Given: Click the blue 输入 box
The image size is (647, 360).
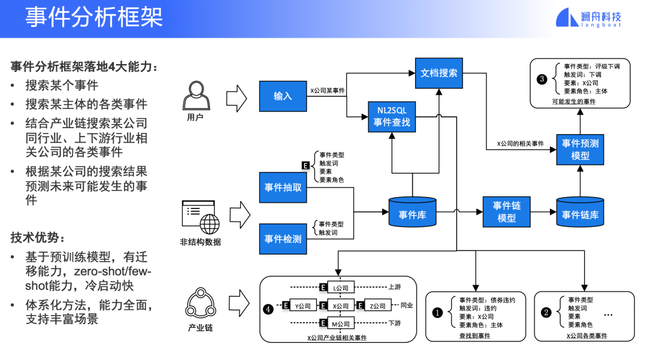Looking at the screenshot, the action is point(283,96).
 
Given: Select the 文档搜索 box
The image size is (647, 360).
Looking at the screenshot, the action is point(439,73).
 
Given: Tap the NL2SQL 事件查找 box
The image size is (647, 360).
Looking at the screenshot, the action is point(392,117).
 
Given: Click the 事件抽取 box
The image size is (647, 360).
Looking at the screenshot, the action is point(283,187).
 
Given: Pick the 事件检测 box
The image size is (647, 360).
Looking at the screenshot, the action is point(283,239).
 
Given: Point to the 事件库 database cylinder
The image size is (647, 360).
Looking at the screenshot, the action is point(412,212).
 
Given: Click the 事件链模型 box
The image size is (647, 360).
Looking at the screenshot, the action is point(506,212).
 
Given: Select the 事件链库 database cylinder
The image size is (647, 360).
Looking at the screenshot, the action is point(580,212).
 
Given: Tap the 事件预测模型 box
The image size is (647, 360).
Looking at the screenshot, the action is point(580,150).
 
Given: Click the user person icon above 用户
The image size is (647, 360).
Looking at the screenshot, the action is point(196,96).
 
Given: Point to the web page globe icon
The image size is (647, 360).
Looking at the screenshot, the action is point(201,217).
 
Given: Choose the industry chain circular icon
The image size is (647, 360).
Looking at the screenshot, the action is point(201,303).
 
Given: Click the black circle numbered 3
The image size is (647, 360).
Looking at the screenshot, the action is point(542,79).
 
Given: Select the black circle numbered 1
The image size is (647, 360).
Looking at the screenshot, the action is point(437,313).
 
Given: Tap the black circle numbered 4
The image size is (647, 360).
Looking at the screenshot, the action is point(268,309).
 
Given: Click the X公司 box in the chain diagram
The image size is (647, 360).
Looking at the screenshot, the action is point(340,305).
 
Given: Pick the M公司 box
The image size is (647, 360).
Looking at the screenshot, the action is point(340,323).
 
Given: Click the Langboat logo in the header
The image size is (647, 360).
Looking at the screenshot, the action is point(588,18).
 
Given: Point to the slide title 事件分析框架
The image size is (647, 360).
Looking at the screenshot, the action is point(94,18).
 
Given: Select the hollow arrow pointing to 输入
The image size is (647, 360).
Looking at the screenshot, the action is point(237,99).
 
